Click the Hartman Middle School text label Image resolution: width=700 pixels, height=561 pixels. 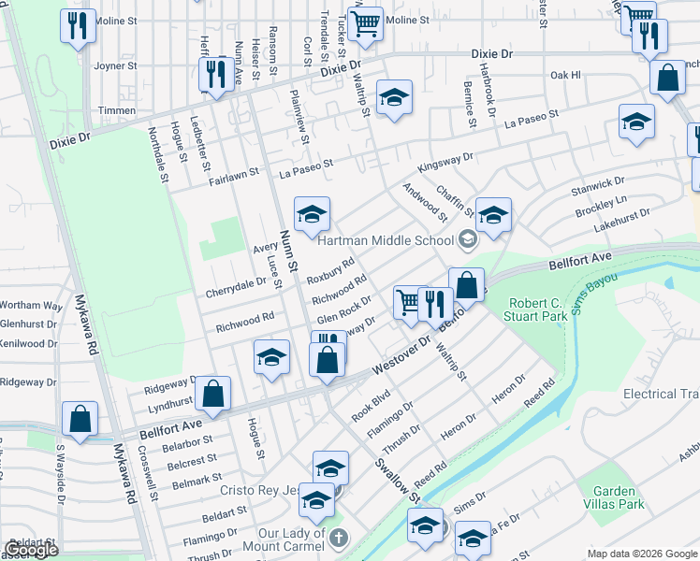tap(386, 240)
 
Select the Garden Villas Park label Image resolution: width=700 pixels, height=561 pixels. tap(614, 497)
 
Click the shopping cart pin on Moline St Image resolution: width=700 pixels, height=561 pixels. tap(365, 22)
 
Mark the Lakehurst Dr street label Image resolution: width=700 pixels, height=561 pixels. tap(620, 221)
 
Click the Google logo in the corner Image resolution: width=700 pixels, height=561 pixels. tap(31, 550)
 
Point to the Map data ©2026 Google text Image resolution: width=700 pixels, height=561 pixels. tap(642, 554)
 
